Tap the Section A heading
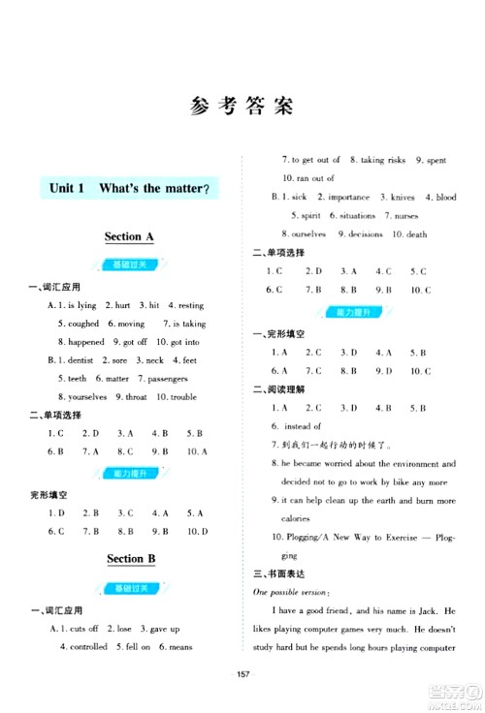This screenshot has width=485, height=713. pyautogui.click(x=129, y=235)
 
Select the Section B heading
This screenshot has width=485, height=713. pyautogui.click(x=130, y=559)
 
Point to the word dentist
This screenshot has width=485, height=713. pyautogui.click(x=81, y=360)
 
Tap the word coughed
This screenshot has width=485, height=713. pyautogui.click(x=78, y=324)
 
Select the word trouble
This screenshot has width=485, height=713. pyautogui.click(x=176, y=397)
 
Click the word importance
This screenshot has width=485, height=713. pyautogui.click(x=336, y=197)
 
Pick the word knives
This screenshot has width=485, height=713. pyautogui.click(x=402, y=197)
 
